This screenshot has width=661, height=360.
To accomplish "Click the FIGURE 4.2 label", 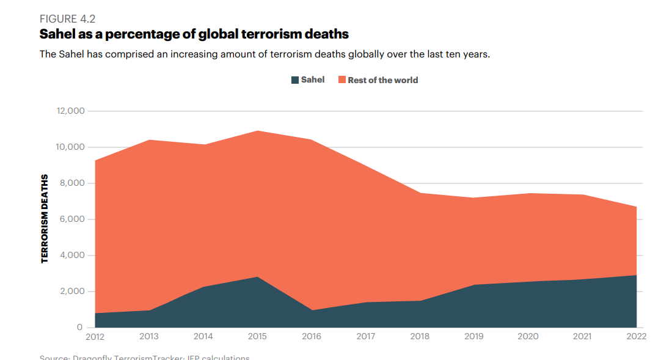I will [x=68, y=19].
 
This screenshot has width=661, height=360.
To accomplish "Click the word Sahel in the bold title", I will [x=60, y=34].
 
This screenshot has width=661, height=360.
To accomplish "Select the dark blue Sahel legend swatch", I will [x=295, y=80].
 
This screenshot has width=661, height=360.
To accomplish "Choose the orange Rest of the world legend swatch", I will [x=342, y=80].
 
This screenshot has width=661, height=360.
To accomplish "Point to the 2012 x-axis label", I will [x=95, y=337].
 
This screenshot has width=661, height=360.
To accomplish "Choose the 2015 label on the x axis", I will [x=257, y=337].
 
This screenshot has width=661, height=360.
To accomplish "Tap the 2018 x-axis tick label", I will [x=420, y=337].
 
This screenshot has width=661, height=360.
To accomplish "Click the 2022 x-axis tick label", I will [x=636, y=337].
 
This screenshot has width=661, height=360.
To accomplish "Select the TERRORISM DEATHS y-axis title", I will [x=45, y=219].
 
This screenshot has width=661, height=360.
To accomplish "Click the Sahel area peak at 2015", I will [x=257, y=277].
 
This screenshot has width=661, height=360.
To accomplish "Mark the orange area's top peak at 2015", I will [x=257, y=131].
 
